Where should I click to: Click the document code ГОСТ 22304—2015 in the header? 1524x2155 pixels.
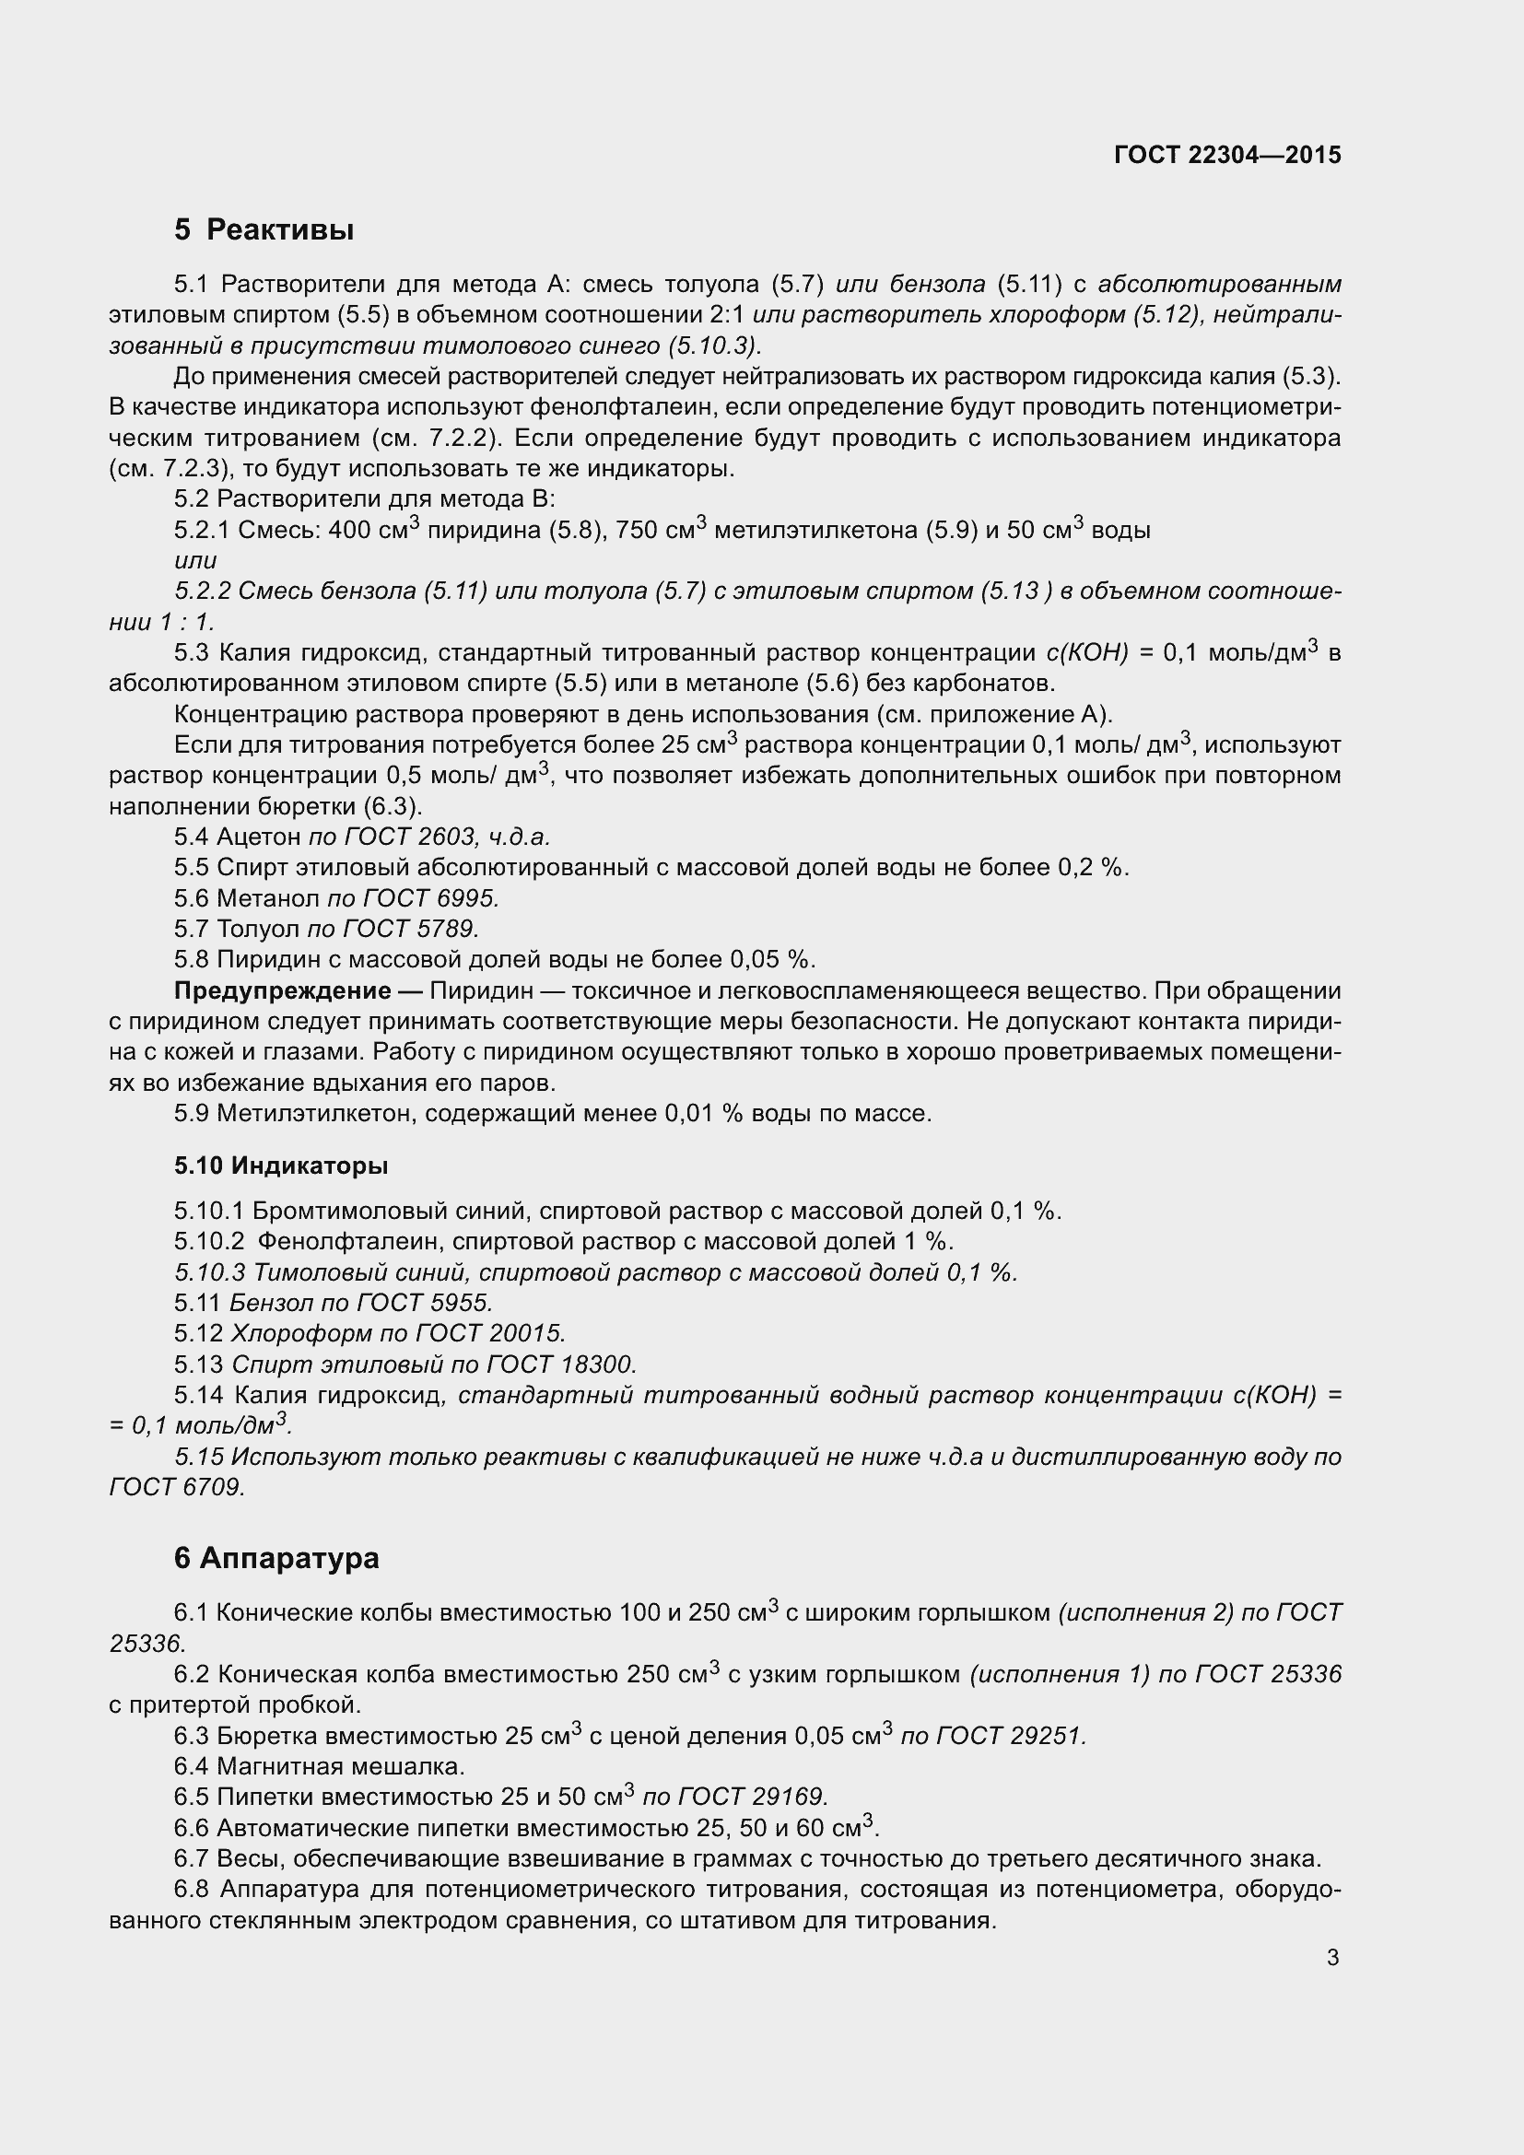[x=1227, y=155]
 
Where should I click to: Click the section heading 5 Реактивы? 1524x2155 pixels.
[x=264, y=229]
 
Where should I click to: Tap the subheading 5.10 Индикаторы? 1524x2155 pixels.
[x=281, y=1165]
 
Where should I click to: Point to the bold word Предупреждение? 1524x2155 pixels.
[x=283, y=991]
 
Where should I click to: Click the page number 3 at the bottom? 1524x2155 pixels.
[x=1332, y=1958]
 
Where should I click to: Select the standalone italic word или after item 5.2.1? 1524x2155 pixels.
[x=195, y=560]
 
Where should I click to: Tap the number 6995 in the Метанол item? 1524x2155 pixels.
[x=467, y=898]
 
